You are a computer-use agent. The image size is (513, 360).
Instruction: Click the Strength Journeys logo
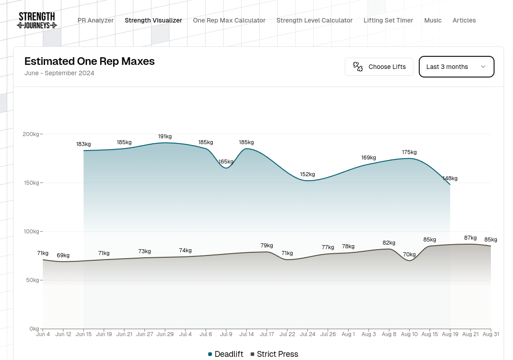[37, 20]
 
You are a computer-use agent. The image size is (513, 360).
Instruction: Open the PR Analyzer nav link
[96, 20]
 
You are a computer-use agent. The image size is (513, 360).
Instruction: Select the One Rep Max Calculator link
[229, 20]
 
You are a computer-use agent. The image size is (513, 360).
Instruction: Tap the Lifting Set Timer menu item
[388, 20]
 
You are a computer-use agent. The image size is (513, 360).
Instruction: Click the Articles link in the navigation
[464, 20]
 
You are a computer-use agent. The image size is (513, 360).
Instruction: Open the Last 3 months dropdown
[456, 67]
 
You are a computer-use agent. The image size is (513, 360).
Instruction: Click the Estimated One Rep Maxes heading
[89, 61]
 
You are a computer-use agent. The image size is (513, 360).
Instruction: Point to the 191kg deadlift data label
[165, 137]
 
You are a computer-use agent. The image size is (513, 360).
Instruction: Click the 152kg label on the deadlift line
[307, 174]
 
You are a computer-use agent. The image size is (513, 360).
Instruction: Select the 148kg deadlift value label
[450, 178]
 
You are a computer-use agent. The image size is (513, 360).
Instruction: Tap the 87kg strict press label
[470, 238]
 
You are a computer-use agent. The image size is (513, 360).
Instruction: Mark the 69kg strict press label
[63, 255]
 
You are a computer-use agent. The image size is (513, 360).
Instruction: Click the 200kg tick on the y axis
[31, 134]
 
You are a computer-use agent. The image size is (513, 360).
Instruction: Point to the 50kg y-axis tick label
[32, 280]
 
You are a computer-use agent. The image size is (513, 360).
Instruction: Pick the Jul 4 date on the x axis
[185, 334]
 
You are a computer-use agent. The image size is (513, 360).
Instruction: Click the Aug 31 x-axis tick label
[490, 334]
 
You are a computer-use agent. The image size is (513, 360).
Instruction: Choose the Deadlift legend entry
[226, 354]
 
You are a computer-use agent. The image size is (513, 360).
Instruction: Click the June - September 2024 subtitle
[59, 73]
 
